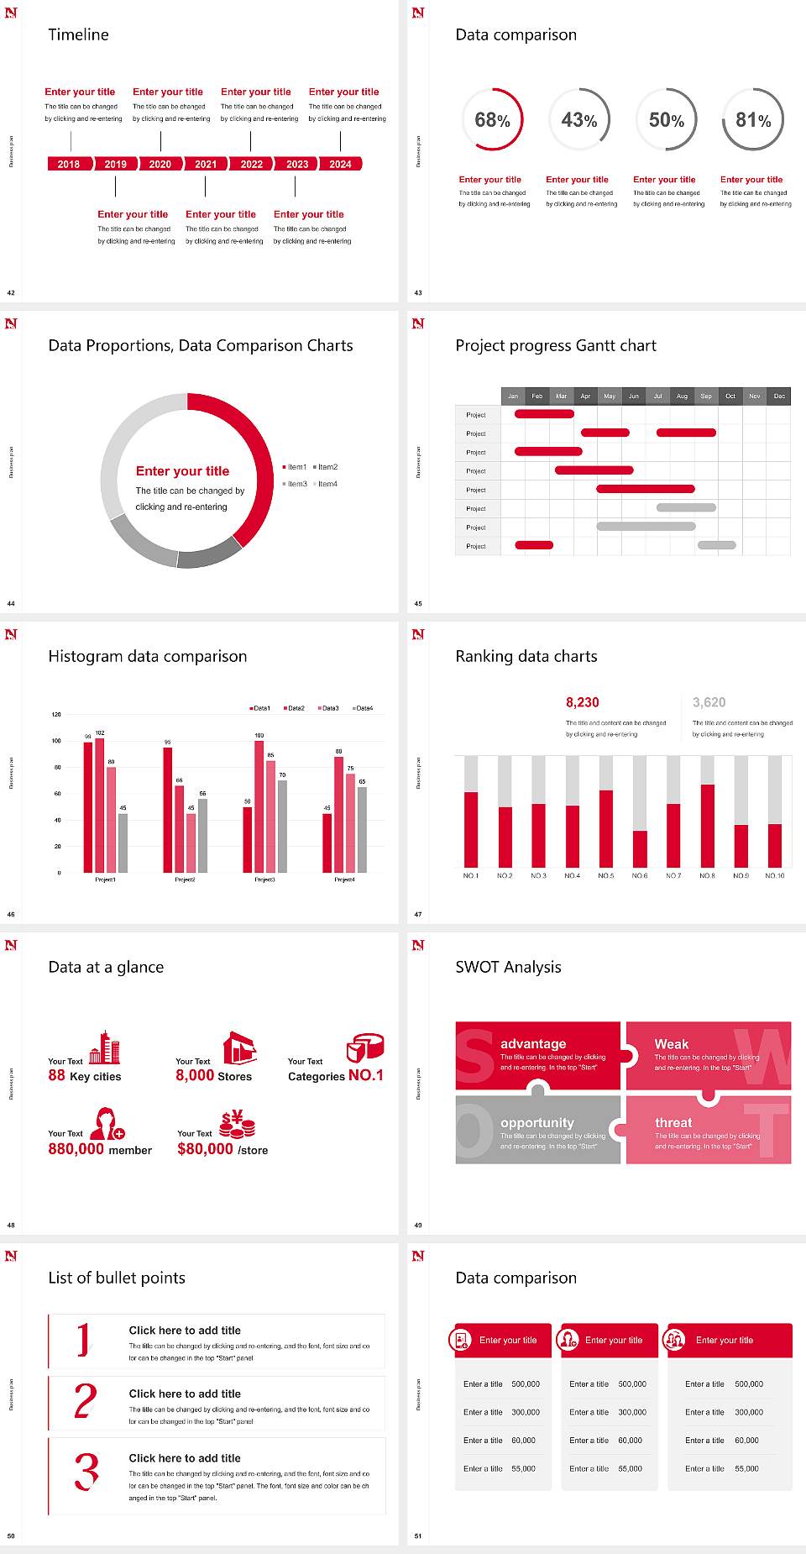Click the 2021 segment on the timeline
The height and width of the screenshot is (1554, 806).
[206, 164]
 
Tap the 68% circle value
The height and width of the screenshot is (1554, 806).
[492, 120]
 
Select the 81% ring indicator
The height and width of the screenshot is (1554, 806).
[753, 120]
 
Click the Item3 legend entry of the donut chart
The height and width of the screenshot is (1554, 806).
[295, 484]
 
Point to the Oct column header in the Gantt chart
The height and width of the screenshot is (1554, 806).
[730, 396]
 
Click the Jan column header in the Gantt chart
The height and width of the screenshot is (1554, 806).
[513, 396]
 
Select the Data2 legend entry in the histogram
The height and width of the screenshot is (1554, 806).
[295, 708]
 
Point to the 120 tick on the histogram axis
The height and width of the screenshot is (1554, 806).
[56, 715]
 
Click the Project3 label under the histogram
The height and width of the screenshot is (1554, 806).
[264, 879]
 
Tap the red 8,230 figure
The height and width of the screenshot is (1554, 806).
[583, 702]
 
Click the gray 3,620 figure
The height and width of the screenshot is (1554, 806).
[709, 702]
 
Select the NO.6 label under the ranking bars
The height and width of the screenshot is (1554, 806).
[640, 875]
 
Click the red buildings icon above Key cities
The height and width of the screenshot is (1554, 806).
[105, 1047]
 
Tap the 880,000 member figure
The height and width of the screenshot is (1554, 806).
[100, 1149]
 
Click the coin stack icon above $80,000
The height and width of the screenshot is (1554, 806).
[237, 1124]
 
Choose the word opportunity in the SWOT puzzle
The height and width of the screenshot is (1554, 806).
[537, 1122]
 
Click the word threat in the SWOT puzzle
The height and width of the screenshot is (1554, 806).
[673, 1122]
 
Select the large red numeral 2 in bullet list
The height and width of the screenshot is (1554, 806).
[86, 1401]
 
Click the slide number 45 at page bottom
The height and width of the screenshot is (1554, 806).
[418, 603]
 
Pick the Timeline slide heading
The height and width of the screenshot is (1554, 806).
[78, 34]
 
